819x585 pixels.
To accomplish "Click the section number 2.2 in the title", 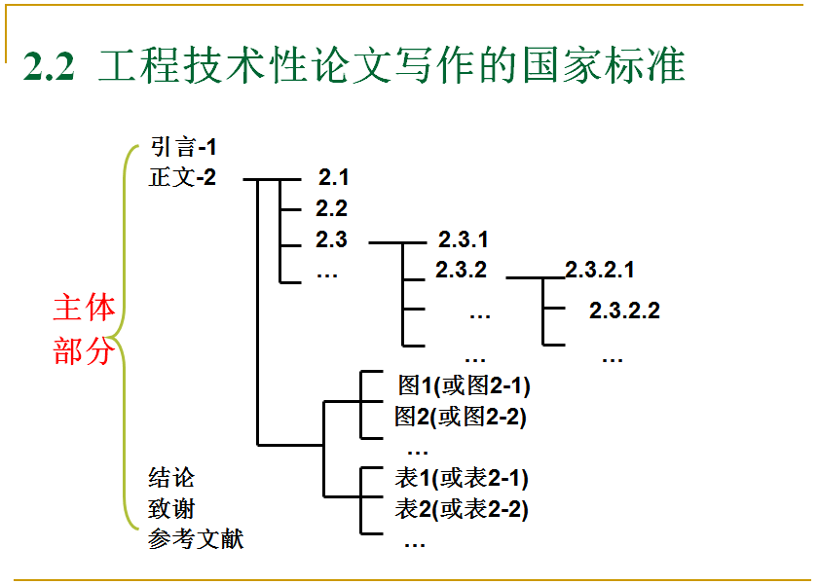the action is click(49, 66).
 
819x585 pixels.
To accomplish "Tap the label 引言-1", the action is click(183, 147).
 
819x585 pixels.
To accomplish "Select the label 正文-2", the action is click(182, 177).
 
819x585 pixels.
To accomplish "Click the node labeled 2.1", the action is click(333, 178).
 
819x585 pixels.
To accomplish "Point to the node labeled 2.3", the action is click(331, 239).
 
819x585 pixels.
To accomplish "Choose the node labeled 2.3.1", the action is click(463, 239).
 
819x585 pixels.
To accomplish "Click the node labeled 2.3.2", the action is click(461, 270).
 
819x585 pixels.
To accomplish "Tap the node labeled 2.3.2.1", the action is click(599, 270).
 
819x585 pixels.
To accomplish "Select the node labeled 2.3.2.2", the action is click(624, 311).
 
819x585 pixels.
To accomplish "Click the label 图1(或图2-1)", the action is click(464, 385).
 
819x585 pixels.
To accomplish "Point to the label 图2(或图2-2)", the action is click(461, 417).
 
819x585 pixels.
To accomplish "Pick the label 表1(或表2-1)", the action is click(462, 478).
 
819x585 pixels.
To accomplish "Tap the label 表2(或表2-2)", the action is click(462, 509).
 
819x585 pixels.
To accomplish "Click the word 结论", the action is click(171, 478).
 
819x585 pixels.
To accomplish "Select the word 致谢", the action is click(171, 508).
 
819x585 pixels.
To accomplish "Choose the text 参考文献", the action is click(196, 538).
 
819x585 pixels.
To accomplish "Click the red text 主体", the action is click(84, 307).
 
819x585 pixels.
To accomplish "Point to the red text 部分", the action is click(84, 350).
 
